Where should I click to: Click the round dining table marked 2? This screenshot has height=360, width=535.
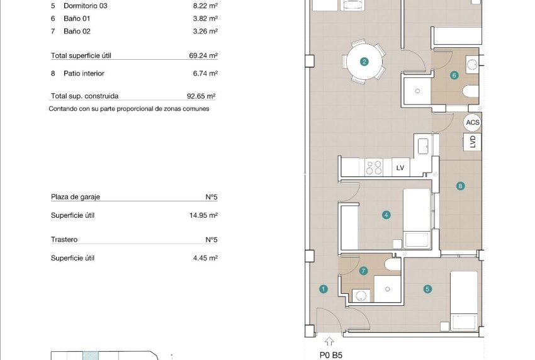[x=364, y=62]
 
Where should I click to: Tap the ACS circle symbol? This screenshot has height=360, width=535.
[x=472, y=123]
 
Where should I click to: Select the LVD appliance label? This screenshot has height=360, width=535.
[x=473, y=142]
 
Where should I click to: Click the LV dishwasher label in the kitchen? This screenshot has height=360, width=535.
[x=400, y=167]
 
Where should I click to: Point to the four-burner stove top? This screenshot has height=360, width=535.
[x=373, y=167]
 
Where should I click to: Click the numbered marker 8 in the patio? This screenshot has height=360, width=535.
[x=461, y=186]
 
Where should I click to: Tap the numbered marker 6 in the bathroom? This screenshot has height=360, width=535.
[x=454, y=75]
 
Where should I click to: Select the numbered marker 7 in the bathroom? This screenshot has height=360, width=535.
[x=363, y=271]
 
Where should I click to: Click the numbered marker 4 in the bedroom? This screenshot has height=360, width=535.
[x=386, y=215]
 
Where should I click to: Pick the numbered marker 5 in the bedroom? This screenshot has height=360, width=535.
[x=427, y=290]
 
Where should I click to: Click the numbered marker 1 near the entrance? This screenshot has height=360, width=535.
[x=323, y=290]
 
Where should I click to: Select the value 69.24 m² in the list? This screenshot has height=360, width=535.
[x=203, y=55]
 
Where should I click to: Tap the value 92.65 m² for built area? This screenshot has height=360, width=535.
[x=202, y=96]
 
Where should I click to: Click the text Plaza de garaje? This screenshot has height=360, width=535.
[x=76, y=197]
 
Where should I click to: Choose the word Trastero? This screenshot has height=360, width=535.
[x=64, y=240]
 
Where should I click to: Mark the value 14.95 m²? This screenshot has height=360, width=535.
[x=203, y=215]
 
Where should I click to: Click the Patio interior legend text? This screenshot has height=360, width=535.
[x=84, y=74]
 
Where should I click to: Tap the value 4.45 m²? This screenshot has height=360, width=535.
[x=205, y=258]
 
